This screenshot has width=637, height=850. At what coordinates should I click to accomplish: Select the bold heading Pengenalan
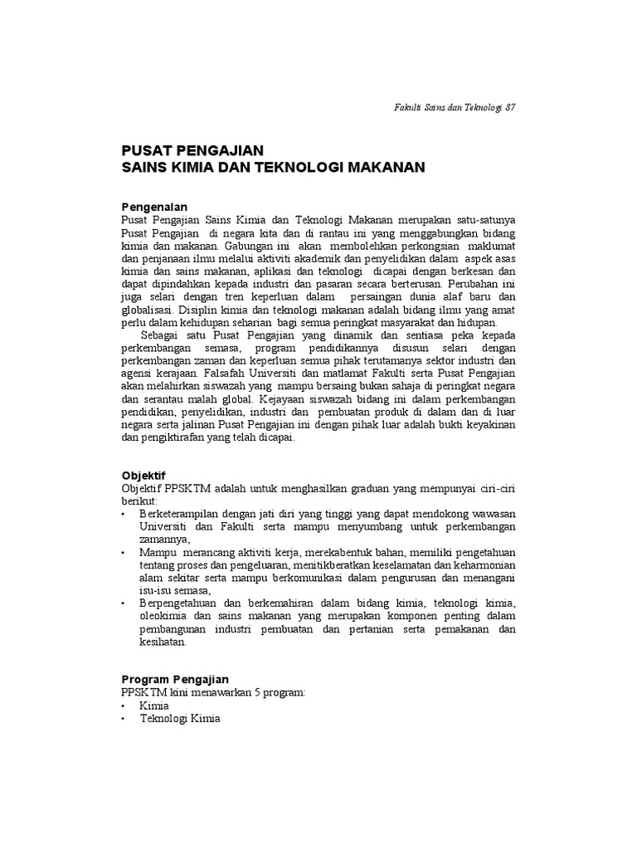154,207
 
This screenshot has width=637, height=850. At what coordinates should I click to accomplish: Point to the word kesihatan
164,642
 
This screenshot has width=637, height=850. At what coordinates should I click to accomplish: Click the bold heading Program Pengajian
175,680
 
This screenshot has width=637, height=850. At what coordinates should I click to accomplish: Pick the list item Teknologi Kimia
180,719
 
